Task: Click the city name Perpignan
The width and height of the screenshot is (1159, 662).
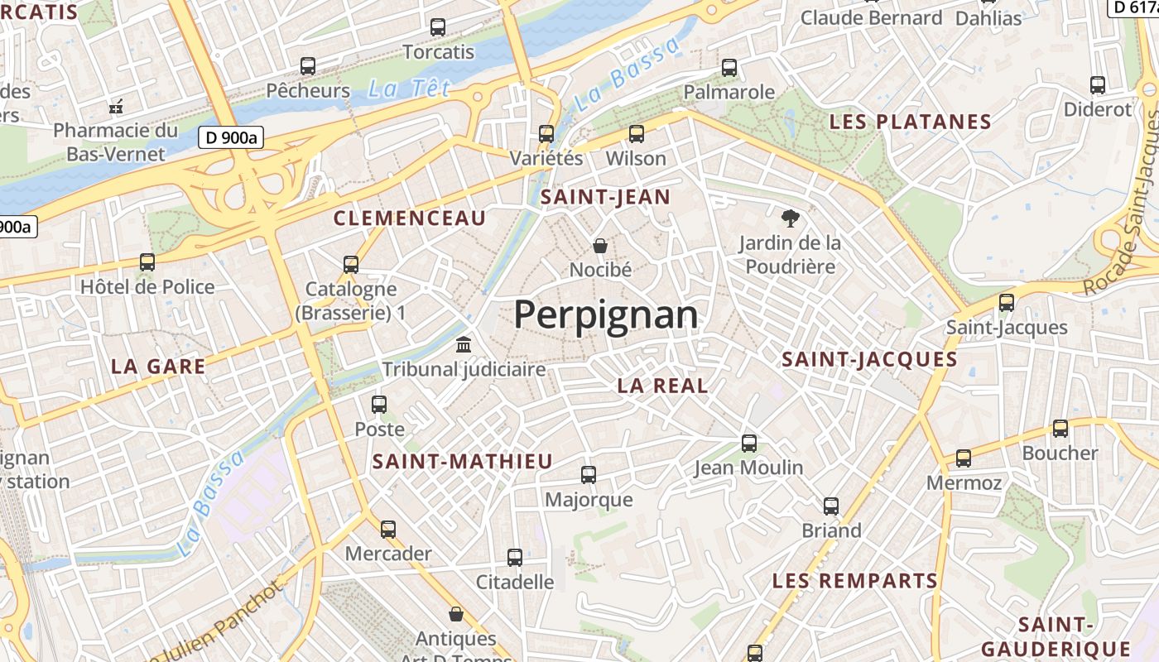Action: coord(605,315)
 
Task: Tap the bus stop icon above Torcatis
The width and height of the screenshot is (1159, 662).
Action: coord(438,27)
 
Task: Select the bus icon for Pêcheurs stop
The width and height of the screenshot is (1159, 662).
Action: coord(308,65)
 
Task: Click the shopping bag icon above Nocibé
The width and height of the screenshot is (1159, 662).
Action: coord(600,245)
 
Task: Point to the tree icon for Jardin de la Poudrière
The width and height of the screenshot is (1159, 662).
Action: coord(791,218)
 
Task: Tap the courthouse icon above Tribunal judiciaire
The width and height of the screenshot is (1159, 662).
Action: coord(464,344)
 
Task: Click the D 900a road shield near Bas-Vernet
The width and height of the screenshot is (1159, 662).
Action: coord(230,137)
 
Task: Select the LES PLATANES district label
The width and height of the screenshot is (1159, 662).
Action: coord(910,122)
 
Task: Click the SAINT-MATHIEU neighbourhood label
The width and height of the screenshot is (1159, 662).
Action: coord(462,462)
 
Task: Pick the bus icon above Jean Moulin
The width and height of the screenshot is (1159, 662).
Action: coord(749,443)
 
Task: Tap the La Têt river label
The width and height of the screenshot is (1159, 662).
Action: coord(409,89)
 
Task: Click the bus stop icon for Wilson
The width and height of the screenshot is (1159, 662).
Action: coord(637,133)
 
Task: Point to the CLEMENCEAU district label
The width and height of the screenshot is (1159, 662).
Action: coord(409,218)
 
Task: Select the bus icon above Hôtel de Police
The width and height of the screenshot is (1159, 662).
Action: coord(147,262)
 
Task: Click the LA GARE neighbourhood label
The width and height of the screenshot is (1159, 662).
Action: coord(158,367)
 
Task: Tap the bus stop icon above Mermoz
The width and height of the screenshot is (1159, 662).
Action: coord(964,458)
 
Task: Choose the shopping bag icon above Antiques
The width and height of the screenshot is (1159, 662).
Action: coord(455,614)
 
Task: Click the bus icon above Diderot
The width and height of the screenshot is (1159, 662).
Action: coord(1098,84)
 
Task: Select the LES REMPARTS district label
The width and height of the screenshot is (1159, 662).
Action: coord(854,581)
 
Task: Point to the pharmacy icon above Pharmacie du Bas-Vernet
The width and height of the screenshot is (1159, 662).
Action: coord(116,106)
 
